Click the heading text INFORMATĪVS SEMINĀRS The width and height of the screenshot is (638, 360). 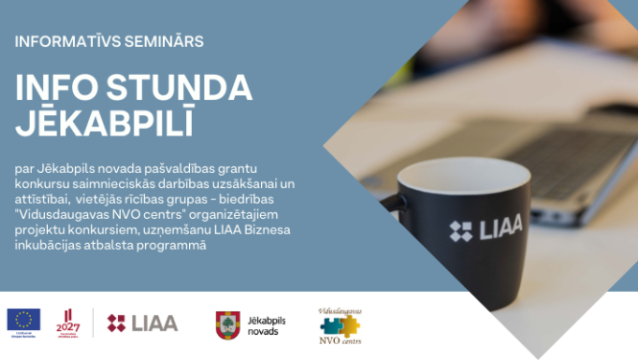point(108,42)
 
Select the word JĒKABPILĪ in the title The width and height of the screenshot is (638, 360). point(104,124)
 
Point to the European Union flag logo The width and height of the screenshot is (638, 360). point(23,320)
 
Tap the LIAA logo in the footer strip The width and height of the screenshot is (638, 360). point(142,323)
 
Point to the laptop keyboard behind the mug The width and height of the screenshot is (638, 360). point(576,154)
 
